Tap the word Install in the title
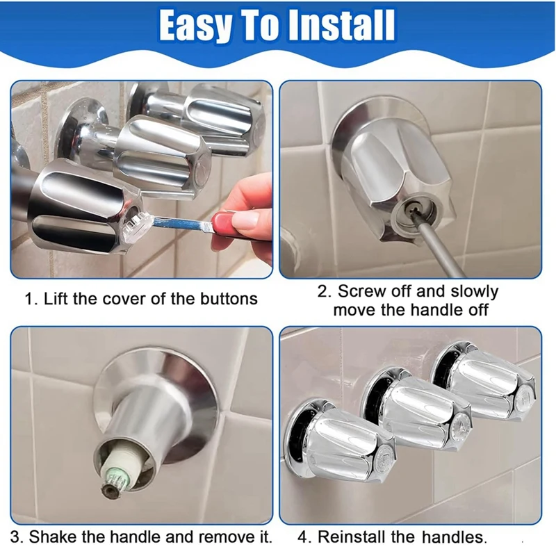340,26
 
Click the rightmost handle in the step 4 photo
486,383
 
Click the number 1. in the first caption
31,299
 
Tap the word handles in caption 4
452,537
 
